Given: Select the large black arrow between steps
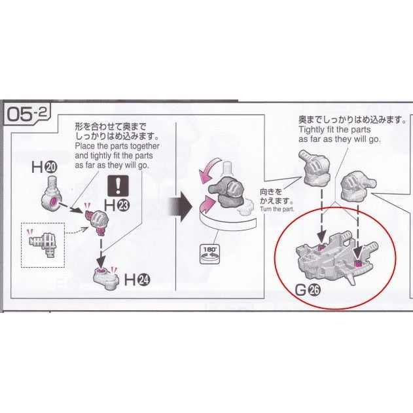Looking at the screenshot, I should (x=179, y=207).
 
